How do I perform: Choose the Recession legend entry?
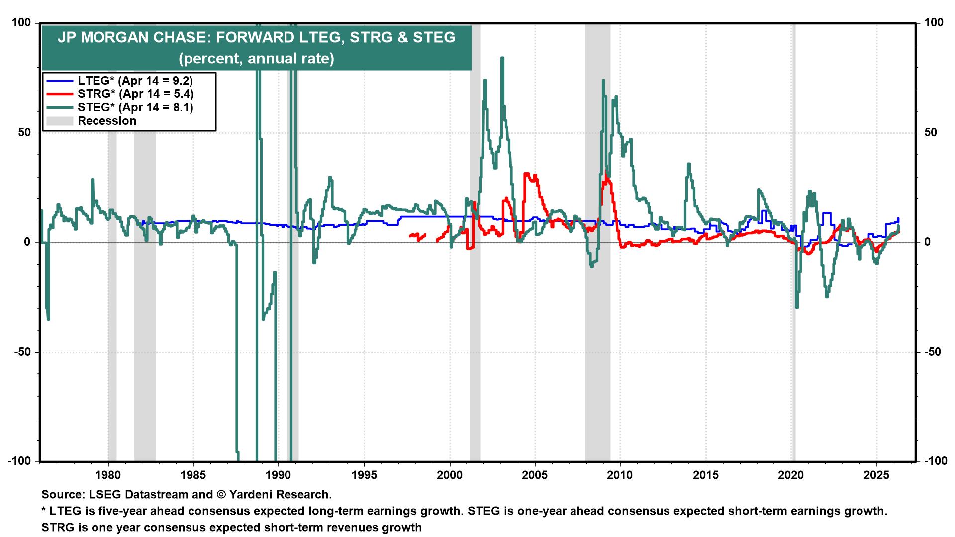(106, 121)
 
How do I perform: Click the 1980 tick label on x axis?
(108, 475)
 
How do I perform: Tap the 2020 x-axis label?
(791, 475)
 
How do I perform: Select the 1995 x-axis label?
(364, 475)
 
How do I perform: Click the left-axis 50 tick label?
(24, 133)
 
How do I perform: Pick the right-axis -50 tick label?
(933, 352)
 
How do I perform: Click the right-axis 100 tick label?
(934, 23)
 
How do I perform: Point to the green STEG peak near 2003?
(502, 58)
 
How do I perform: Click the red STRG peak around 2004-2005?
(526, 174)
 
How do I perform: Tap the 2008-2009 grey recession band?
(597, 298)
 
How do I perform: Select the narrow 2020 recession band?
(794, 348)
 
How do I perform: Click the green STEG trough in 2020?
(797, 307)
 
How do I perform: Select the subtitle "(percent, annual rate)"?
(256, 59)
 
